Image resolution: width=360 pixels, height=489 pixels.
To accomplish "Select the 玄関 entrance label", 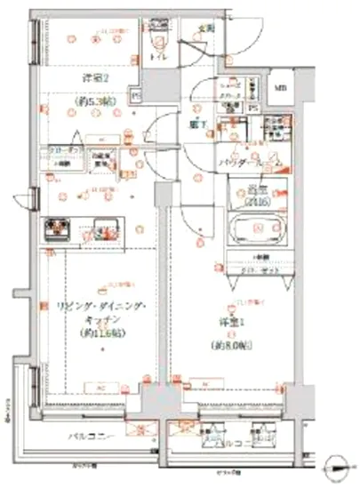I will pos(206,28).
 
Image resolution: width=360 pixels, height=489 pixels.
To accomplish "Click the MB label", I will pos(279,87).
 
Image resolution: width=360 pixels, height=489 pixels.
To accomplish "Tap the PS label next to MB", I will pos(253,108).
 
